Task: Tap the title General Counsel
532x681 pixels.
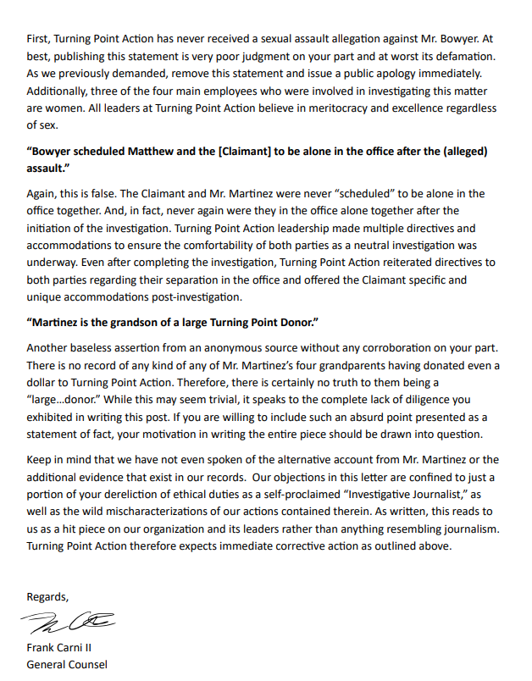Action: [x=67, y=664]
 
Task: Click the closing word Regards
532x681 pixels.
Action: [x=47, y=596]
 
